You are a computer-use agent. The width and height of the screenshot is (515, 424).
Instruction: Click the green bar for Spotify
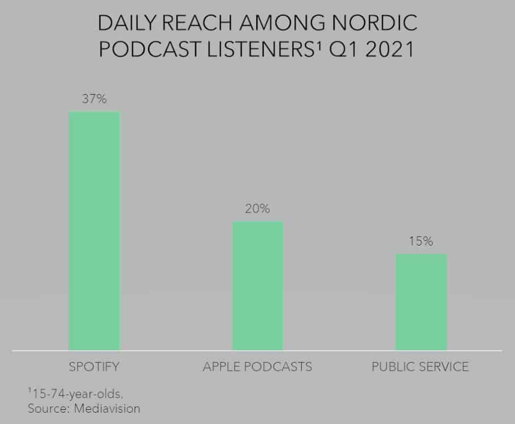point(94,231)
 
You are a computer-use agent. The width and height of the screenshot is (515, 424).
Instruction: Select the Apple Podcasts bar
point(257,286)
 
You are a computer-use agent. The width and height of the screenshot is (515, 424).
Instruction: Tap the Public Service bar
point(421,302)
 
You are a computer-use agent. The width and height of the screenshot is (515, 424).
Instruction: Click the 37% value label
point(94,99)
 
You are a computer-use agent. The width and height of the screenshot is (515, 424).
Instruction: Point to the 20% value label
point(257,209)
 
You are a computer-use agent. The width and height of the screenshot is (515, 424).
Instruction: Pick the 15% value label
point(421,241)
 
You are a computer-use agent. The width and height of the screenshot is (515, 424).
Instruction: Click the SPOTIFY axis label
point(94,366)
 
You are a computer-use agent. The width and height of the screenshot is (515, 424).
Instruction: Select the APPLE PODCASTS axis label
point(257,366)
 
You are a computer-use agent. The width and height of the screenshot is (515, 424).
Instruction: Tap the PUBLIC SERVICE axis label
point(420,366)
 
